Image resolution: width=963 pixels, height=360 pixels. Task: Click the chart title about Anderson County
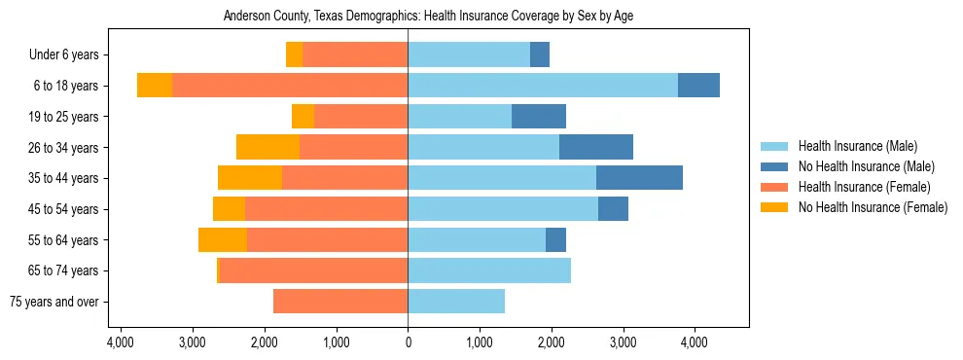(428, 17)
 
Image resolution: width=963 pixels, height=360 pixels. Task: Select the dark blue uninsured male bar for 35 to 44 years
(639, 178)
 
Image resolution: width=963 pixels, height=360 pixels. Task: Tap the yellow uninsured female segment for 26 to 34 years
(267, 147)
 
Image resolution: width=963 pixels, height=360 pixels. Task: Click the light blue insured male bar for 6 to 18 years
(543, 86)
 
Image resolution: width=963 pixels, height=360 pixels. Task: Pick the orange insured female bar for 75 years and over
(340, 302)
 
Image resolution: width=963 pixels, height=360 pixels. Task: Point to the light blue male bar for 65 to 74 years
(489, 270)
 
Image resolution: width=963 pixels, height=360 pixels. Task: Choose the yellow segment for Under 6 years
(294, 54)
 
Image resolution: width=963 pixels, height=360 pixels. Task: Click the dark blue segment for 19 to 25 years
(539, 117)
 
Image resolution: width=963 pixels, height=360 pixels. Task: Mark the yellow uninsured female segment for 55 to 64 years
(223, 239)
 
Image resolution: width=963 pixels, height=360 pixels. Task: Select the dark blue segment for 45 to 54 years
(613, 209)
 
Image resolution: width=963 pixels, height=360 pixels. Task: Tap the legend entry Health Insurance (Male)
(857, 146)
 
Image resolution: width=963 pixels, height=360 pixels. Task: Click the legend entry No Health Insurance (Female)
(872, 207)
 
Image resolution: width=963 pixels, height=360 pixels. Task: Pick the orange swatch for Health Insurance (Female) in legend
(774, 187)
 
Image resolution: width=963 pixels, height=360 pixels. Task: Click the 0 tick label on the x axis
(408, 342)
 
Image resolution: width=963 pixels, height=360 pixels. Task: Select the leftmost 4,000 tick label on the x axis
(121, 342)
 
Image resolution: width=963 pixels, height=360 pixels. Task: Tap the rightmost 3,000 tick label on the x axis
(623, 342)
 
